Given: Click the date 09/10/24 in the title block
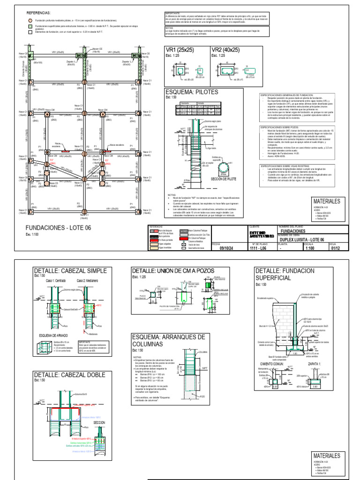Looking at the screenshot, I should click(x=225, y=249).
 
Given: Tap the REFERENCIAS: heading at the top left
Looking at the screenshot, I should click(x=41, y=14).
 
